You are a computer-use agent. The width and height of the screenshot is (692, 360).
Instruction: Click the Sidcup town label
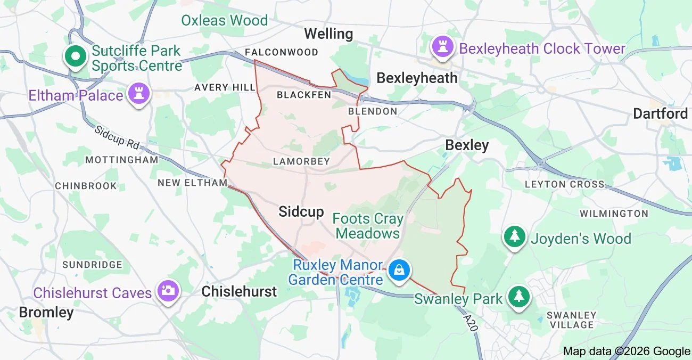click(x=301, y=212)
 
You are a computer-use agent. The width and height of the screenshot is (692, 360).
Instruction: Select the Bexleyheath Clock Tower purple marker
click(x=442, y=47)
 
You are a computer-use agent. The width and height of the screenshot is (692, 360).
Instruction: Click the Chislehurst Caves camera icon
click(x=168, y=291)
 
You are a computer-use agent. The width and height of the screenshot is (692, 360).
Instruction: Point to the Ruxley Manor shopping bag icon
click(x=399, y=270)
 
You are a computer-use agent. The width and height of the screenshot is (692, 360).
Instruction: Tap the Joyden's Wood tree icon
click(x=514, y=236)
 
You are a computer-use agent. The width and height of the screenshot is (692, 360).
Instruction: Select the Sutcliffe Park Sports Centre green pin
click(x=76, y=56)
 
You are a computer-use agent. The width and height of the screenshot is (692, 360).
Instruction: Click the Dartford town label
click(x=660, y=113)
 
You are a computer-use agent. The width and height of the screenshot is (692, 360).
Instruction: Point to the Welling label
click(x=328, y=34)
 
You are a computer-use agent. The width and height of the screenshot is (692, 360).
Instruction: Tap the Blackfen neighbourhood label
click(x=304, y=95)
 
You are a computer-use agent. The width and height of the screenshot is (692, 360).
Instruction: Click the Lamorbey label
click(x=301, y=161)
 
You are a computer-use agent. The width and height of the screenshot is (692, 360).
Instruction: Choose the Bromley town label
click(x=46, y=312)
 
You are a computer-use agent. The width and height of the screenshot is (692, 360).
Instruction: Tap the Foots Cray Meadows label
click(x=368, y=226)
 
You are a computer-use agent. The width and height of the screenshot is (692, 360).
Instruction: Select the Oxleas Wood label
click(x=224, y=21)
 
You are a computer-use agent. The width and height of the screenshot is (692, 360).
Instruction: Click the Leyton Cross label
click(x=564, y=184)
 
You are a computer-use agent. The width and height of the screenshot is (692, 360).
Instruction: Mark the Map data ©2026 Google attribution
click(x=627, y=351)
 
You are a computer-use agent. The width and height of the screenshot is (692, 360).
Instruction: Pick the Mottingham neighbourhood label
click(x=122, y=160)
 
